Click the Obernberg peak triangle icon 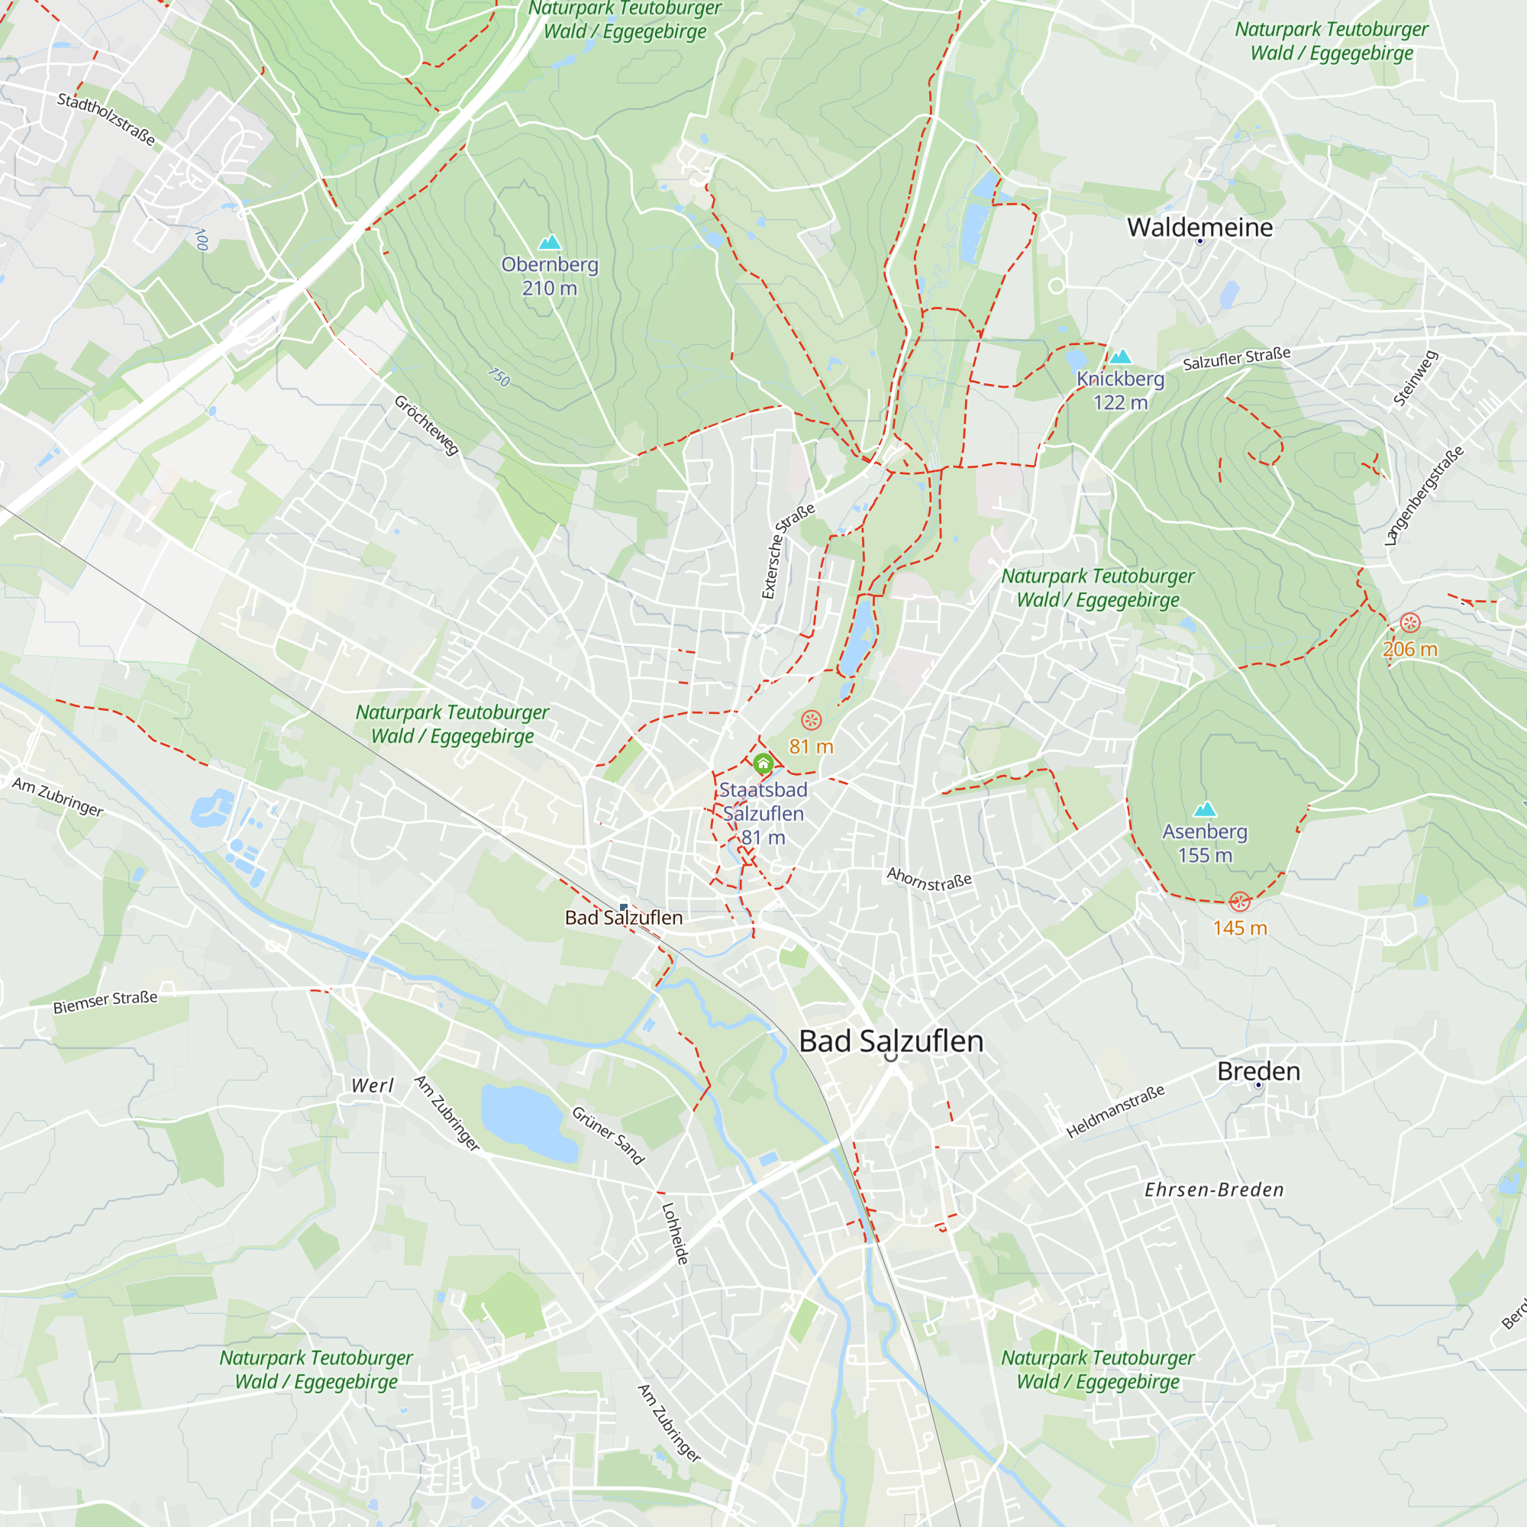click(549, 242)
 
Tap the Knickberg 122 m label click(1120, 390)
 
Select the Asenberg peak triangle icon click(1205, 809)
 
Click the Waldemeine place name click(1199, 228)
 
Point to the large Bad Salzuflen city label click(891, 1041)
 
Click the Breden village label click(1258, 1071)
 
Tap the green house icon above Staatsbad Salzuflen click(763, 763)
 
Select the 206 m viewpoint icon click(1410, 623)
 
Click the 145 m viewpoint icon click(1239, 902)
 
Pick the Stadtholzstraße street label click(106, 119)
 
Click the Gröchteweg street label click(427, 425)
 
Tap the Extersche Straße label click(787, 552)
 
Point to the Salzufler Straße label click(1236, 359)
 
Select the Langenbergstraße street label click(1424, 496)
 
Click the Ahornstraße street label click(928, 879)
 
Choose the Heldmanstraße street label click(1115, 1111)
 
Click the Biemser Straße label click(105, 1002)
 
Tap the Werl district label click(373, 1085)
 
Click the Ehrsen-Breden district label click(1214, 1190)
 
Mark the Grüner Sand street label click(608, 1136)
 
